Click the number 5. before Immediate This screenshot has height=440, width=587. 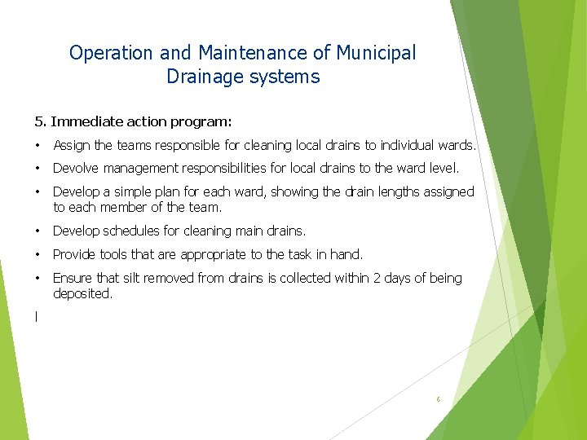40,121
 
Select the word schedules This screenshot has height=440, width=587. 131,231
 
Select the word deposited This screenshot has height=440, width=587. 82,293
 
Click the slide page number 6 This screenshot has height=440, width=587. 438,399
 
